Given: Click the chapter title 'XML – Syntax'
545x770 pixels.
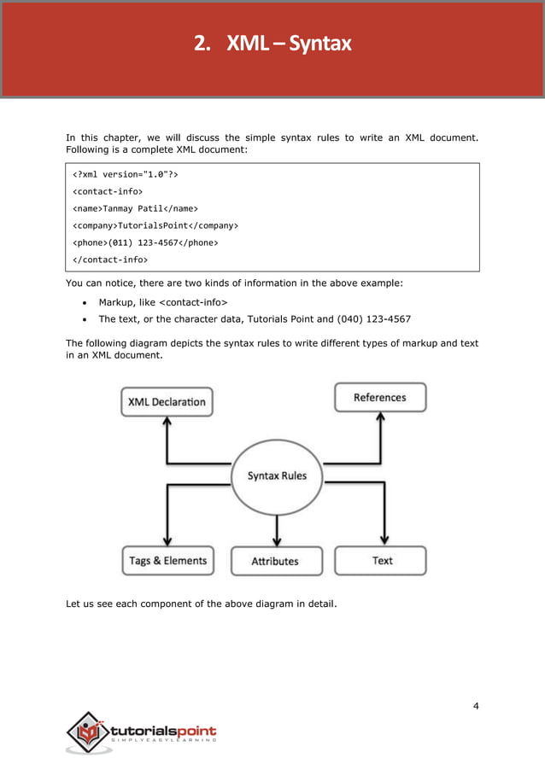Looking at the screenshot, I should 288,43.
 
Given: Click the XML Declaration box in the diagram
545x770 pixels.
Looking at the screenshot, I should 167,401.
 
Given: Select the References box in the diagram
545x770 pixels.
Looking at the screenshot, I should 379,397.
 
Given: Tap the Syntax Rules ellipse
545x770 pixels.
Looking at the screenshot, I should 277,475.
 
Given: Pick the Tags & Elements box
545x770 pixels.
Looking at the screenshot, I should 167,561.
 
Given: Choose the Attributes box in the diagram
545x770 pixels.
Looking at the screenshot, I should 275,561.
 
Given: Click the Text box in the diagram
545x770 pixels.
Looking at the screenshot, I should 382,560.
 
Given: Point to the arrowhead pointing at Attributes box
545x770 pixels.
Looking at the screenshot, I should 276,541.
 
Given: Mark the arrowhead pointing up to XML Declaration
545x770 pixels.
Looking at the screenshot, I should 167,422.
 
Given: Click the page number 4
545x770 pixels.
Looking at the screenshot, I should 475,706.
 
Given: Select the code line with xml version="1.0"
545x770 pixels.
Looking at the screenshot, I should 126,174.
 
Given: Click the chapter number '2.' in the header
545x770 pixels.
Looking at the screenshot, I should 202,43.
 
